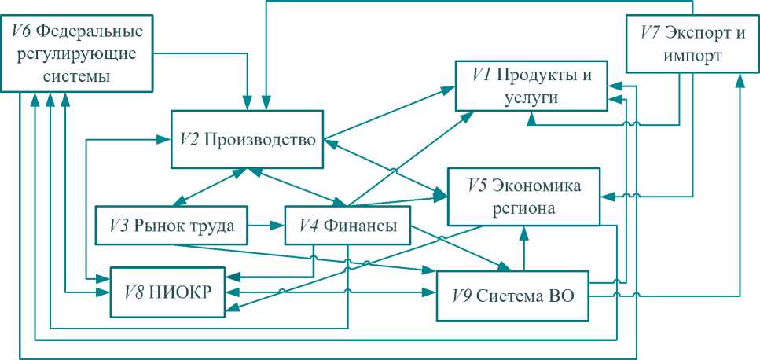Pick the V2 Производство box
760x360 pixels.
[248, 139]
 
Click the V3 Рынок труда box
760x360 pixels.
[171, 226]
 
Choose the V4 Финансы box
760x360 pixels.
[347, 226]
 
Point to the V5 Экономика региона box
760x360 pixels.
[524, 197]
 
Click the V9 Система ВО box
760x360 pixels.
[512, 296]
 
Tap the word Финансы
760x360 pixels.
[363, 226]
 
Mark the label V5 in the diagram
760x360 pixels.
[476, 186]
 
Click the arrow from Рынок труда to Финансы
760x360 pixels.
[266, 226]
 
